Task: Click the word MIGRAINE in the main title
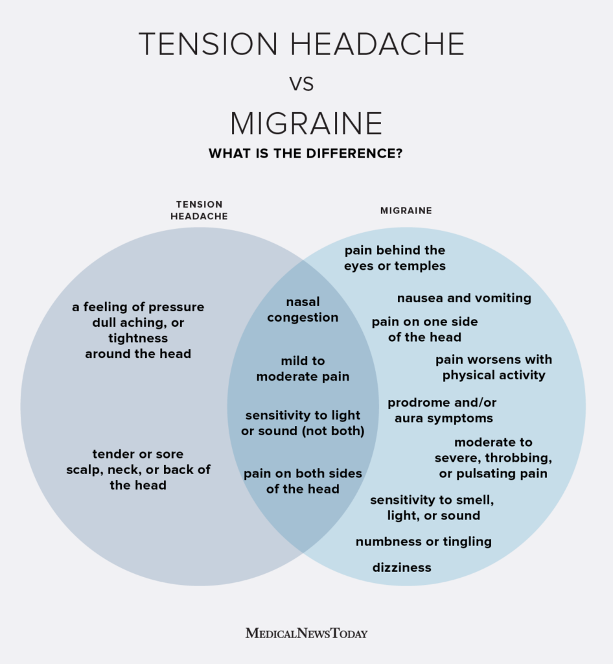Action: pos(306,123)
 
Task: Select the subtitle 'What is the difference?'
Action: pos(305,154)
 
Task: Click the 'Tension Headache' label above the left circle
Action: pos(199,210)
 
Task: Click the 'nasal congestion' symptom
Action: pos(303,310)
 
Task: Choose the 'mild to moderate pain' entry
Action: pos(303,368)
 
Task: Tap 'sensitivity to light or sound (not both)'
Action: pos(303,423)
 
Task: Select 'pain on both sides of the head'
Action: pos(303,481)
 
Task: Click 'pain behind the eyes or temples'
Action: pos(395,257)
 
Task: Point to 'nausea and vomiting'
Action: pos(464,298)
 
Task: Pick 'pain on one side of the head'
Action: pos(424,329)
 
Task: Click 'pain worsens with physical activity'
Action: pos(494,367)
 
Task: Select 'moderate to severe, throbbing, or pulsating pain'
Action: pos(493,458)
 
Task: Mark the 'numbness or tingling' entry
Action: pos(423,541)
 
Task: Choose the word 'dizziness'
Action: pos(402,567)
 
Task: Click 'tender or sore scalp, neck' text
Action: pos(138,469)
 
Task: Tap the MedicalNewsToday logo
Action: pos(306,633)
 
